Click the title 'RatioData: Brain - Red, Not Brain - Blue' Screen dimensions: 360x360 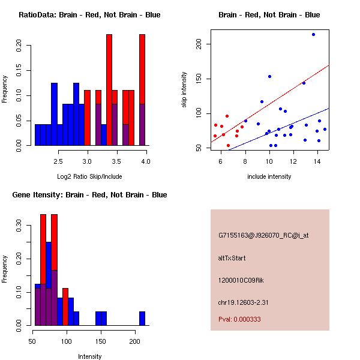click(89, 15)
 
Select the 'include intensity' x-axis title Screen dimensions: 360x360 click(269, 177)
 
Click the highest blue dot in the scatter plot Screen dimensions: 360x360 click(313, 34)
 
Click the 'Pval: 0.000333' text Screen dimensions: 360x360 click(239, 319)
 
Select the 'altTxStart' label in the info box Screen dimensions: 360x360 click(232, 258)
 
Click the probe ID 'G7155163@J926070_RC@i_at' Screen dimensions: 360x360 click(263, 236)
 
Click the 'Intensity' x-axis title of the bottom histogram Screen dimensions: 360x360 click(89, 357)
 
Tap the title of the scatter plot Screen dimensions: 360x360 click(269, 15)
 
